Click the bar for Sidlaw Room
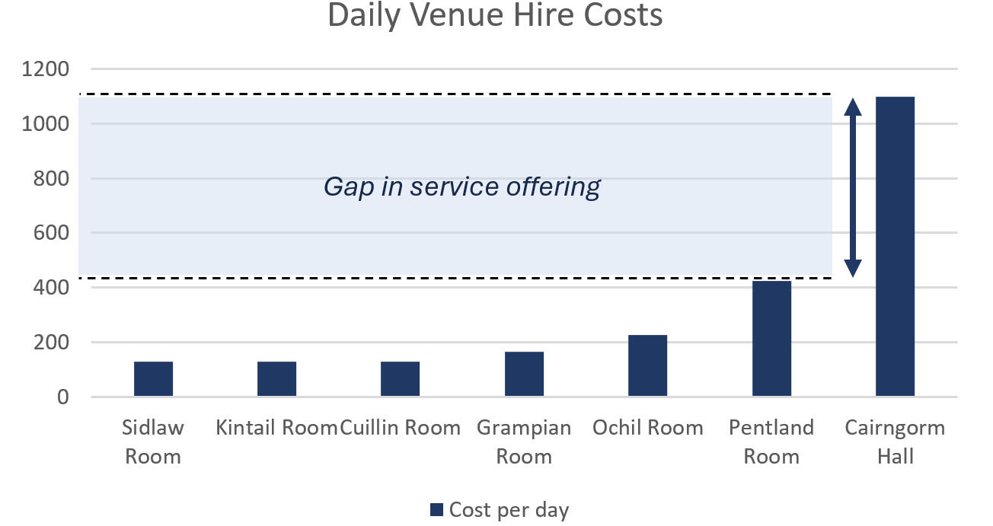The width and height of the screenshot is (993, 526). tap(153, 379)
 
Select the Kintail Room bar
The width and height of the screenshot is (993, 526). tap(276, 379)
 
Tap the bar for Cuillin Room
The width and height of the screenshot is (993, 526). tap(400, 379)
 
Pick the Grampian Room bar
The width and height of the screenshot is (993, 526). tap(524, 375)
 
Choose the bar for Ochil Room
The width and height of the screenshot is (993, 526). tap(647, 366)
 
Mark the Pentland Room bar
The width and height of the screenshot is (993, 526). tap(771, 339)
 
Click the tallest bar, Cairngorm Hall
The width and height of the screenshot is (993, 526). tap(895, 247)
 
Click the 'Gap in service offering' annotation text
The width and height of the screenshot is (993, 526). tap(462, 186)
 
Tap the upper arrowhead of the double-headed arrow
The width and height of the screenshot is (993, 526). tap(853, 107)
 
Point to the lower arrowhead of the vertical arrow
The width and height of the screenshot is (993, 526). tap(853, 267)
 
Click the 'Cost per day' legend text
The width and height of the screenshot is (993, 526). tap(509, 510)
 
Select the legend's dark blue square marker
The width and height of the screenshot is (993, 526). tap(436, 510)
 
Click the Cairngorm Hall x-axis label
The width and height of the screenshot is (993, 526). tap(895, 442)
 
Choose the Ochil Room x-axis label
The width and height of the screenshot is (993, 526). tap(647, 428)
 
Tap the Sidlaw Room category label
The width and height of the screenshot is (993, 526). tap(153, 442)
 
